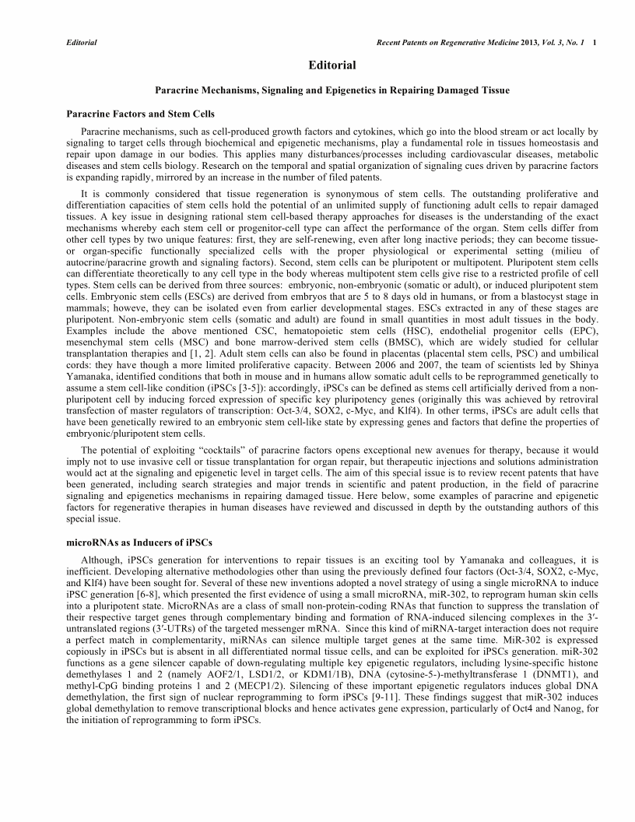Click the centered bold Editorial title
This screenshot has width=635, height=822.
click(332, 65)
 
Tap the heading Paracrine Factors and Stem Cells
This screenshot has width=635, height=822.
click(141, 114)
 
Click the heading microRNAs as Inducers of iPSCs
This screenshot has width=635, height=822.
click(140, 541)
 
